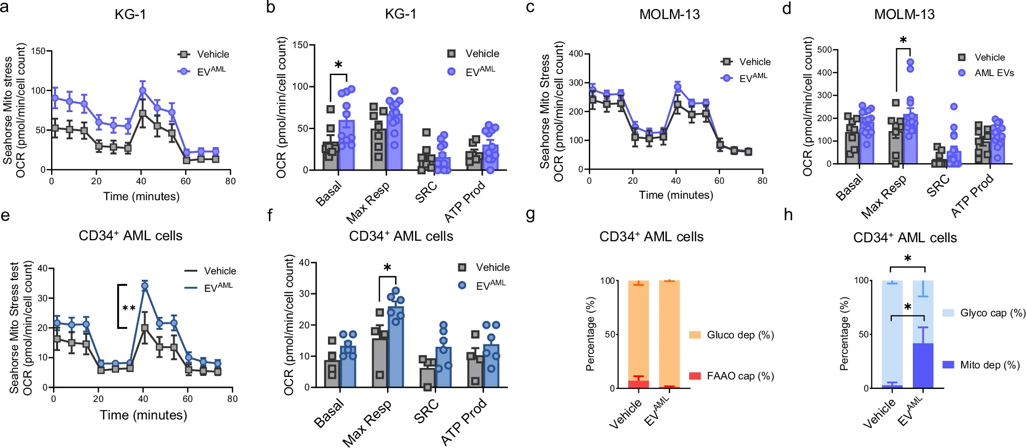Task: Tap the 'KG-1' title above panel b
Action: pyautogui.click(x=400, y=14)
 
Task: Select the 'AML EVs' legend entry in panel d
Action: pyautogui.click(x=993, y=73)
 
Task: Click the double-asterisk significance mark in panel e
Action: pyautogui.click(x=129, y=307)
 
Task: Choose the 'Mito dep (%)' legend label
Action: pyautogui.click(x=989, y=365)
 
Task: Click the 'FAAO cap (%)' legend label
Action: pyautogui.click(x=740, y=376)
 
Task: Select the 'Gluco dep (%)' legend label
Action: pyautogui.click(x=740, y=335)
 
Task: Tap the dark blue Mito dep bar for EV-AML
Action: pyautogui.click(x=923, y=365)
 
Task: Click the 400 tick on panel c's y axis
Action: pyautogui.click(x=576, y=54)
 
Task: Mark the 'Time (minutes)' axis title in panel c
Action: pyautogui.click(x=675, y=195)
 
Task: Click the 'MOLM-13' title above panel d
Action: pyautogui.click(x=904, y=15)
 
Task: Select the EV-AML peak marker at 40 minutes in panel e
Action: pyautogui.click(x=145, y=286)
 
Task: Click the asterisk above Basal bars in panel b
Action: pyautogui.click(x=338, y=65)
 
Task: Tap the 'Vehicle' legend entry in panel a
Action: pyautogui.click(x=212, y=55)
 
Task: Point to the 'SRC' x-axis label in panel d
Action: pyautogui.click(x=937, y=186)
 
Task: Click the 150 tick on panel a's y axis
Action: pyautogui.click(x=38, y=51)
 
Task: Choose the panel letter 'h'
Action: pyautogui.click(x=788, y=215)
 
